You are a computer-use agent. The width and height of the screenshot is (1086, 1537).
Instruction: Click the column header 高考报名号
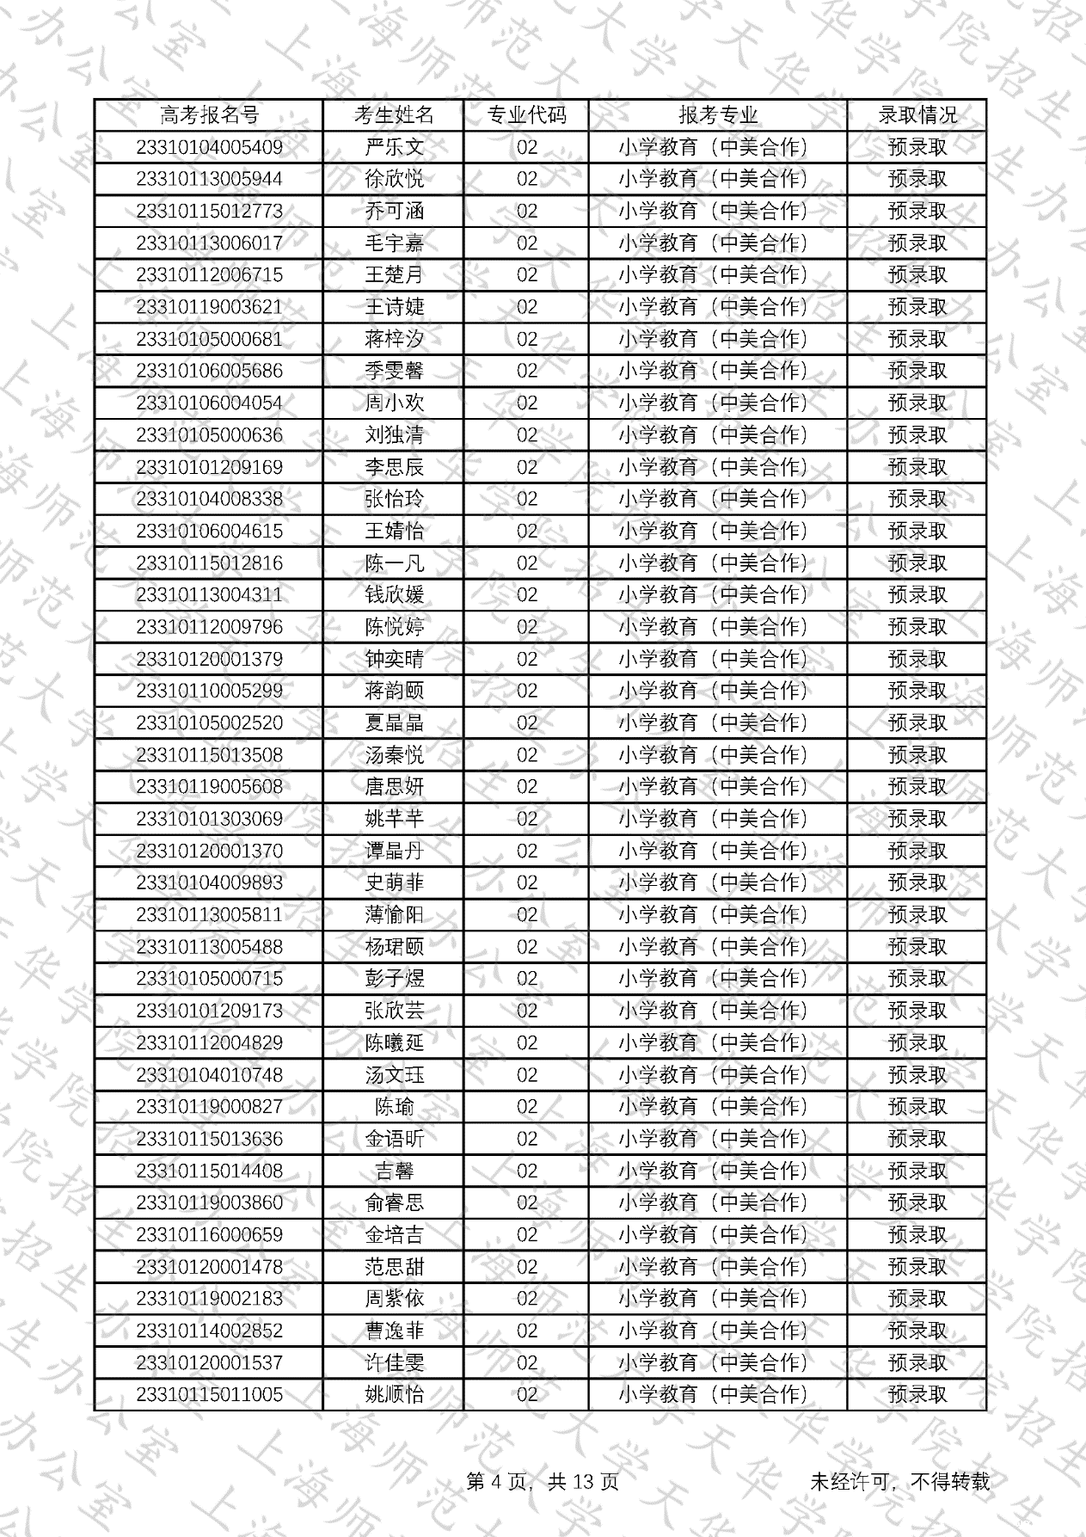209,115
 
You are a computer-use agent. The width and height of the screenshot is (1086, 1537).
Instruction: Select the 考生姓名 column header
394,115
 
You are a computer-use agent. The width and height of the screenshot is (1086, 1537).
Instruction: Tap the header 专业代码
526,115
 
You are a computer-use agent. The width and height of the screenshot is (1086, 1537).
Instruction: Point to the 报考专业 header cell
718,115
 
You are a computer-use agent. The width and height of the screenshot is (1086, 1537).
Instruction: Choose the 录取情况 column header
917,115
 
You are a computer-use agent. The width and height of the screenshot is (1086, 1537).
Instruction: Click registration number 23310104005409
209,147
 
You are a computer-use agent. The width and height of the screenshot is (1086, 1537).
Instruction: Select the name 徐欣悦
394,179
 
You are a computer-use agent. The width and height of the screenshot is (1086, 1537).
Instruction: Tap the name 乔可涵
394,212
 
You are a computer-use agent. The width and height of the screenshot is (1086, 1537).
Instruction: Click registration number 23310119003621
209,307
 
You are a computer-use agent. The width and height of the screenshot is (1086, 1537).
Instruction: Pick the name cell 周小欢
394,403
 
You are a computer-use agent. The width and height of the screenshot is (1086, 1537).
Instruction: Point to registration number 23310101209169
209,467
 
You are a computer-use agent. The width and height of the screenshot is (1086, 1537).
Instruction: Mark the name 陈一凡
394,563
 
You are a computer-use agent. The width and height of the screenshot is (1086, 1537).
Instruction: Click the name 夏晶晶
394,723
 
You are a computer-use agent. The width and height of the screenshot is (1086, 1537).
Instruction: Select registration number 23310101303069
209,819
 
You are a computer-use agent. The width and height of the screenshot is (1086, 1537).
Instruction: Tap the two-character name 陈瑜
394,1107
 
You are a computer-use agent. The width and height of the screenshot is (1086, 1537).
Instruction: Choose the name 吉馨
394,1171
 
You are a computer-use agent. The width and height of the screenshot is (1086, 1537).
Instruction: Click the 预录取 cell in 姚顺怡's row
917,1394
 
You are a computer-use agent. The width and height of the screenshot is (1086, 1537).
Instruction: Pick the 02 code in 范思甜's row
526,1267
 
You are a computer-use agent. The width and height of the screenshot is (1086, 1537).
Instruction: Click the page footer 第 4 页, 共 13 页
542,1481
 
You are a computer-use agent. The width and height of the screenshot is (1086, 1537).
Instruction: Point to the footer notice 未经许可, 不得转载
899,1481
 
